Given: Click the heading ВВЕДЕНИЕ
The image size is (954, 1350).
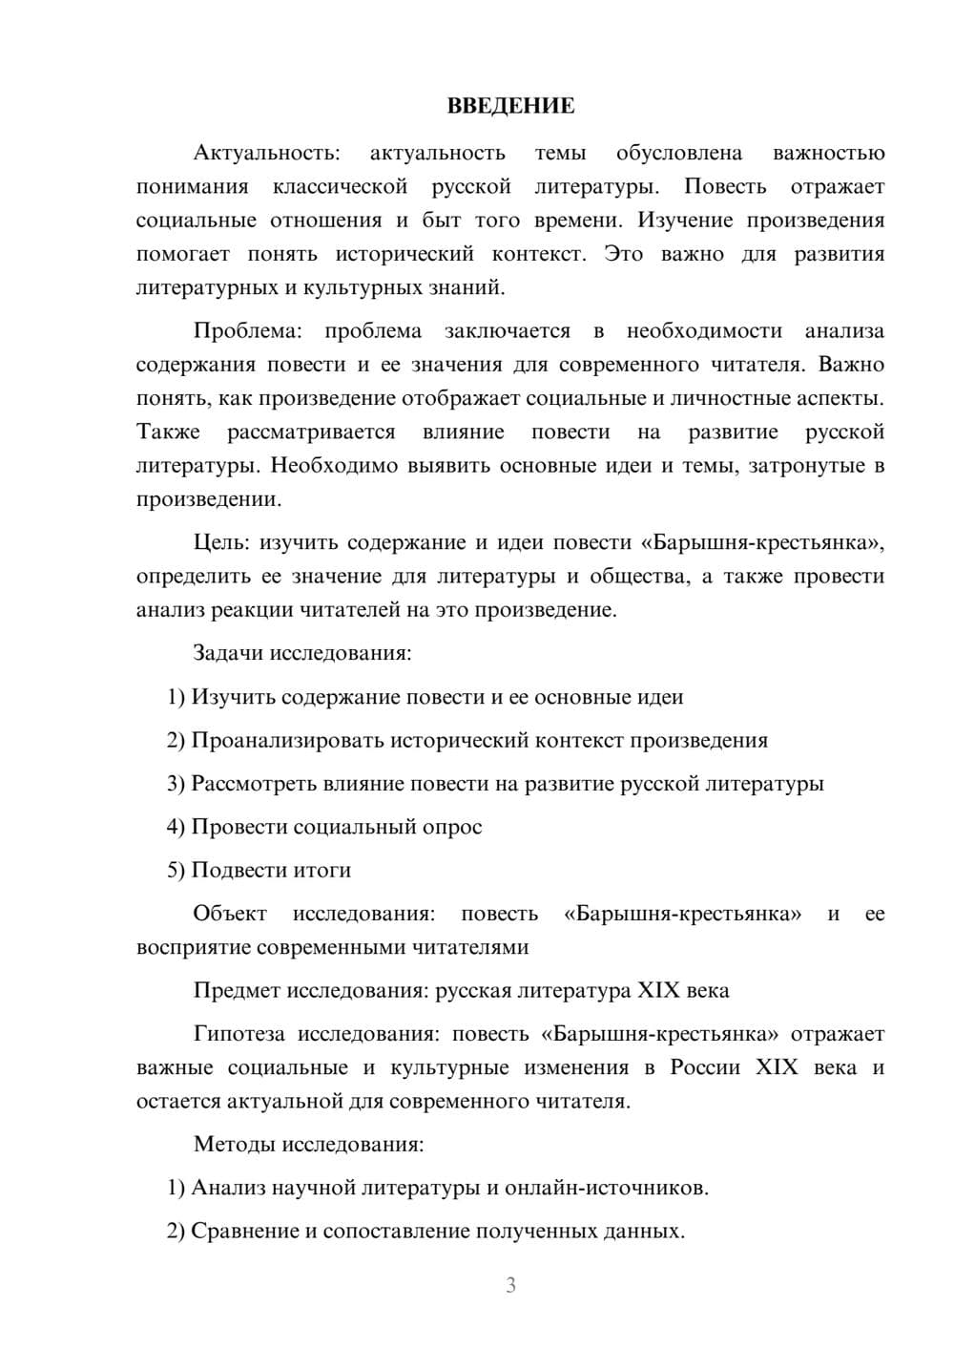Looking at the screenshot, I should (510, 106).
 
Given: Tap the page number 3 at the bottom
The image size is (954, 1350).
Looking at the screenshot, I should (510, 1285).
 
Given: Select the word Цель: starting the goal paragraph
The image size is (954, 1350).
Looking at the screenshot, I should (221, 542).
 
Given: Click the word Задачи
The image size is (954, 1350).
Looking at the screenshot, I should (228, 654).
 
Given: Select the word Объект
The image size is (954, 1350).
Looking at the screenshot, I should (230, 914).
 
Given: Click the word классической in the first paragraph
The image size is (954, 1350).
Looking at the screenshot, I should (340, 186).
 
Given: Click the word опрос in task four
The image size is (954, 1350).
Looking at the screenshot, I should (451, 827).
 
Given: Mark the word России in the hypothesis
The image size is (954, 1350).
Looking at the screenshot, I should (705, 1067).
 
